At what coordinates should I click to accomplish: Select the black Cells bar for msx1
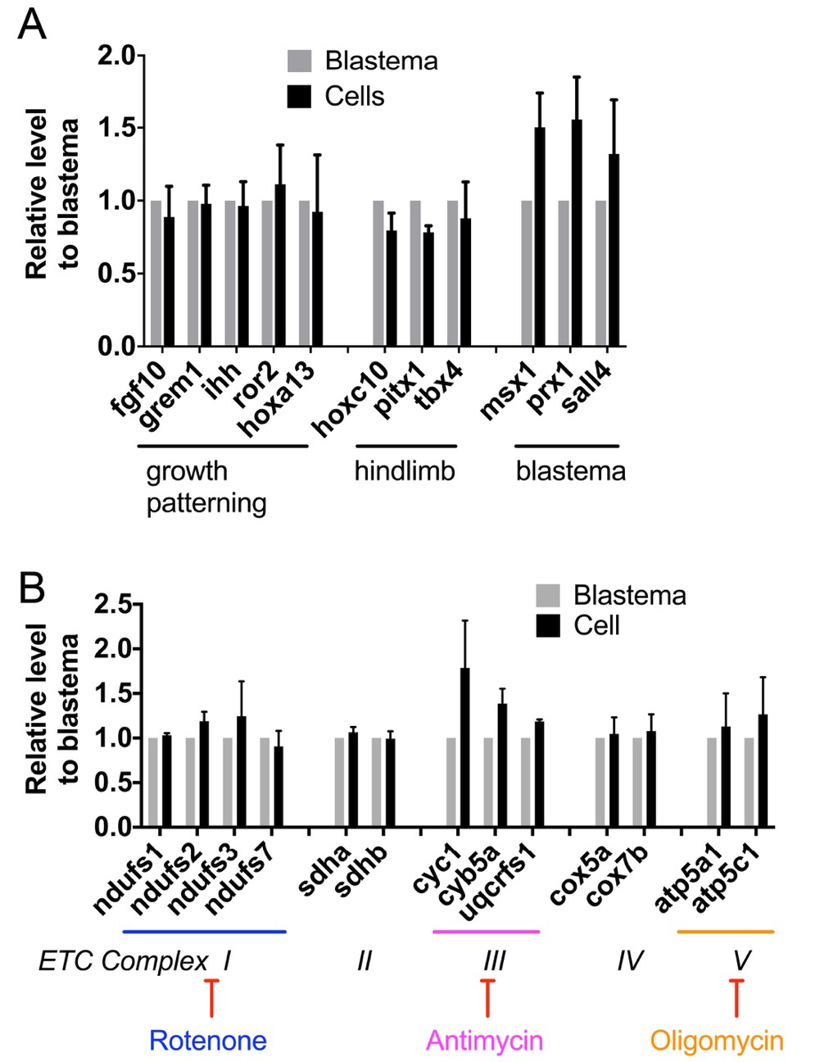coord(539,238)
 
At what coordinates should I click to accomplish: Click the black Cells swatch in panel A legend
coord(299,97)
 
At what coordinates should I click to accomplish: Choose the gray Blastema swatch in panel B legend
coord(547,596)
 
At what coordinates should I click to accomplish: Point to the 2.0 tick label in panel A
coord(116,56)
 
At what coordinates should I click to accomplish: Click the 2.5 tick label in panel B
coord(113,605)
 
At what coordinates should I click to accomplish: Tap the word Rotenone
coord(207,1041)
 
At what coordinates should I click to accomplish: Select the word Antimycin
coord(484,1041)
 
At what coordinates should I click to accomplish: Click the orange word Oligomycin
coord(717,1041)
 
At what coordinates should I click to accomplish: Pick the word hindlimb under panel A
coord(404,471)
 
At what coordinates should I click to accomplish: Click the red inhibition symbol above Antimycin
coord(487,996)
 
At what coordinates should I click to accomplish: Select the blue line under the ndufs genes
coord(204,931)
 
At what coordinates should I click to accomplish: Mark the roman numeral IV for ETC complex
coord(629,960)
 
